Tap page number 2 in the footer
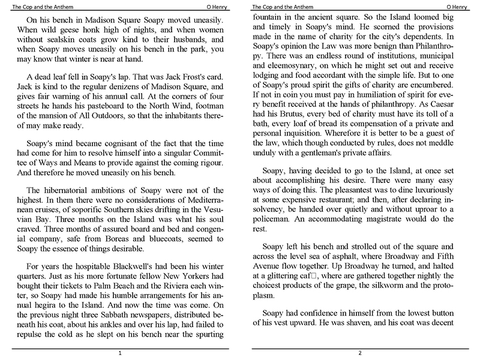[359, 354]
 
